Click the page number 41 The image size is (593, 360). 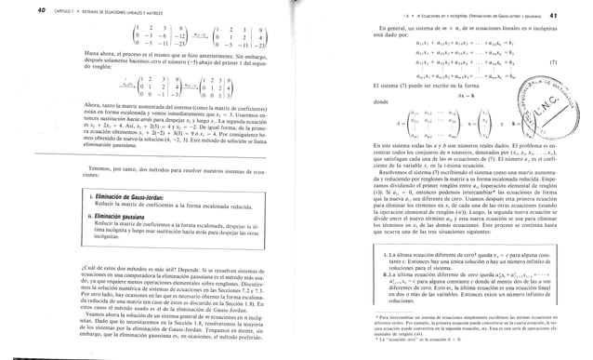click(x=580, y=7)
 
